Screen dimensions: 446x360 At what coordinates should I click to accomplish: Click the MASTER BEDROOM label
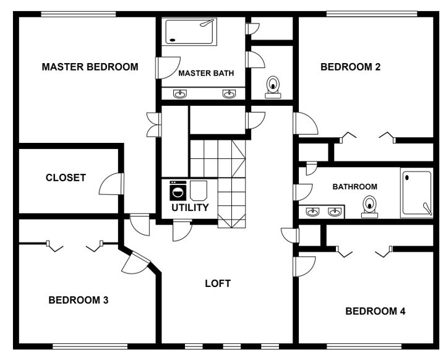90,67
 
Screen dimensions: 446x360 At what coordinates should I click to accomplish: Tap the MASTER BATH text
206,74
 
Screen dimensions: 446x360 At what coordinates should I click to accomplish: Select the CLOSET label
66,178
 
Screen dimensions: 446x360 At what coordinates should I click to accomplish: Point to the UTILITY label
190,208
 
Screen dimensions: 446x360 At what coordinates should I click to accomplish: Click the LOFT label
218,283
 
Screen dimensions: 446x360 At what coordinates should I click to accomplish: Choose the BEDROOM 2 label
350,67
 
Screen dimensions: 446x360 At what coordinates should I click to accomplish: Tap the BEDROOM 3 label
79,300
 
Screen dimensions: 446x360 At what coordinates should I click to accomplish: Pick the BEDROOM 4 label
375,311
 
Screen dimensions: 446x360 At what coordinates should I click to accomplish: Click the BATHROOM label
354,187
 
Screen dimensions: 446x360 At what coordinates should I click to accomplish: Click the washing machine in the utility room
178,191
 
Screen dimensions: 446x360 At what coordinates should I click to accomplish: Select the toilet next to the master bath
273,87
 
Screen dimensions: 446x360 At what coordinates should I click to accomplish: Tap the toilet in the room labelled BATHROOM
369,207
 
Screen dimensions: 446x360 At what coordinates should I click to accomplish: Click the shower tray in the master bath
189,32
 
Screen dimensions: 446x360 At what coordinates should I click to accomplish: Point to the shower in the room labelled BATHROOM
417,193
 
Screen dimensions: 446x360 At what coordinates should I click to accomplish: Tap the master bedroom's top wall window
79,14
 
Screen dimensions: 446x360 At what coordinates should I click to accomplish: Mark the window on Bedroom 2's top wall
372,14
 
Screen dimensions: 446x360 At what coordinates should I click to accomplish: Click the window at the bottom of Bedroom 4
364,346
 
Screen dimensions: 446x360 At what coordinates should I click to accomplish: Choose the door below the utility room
182,231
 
